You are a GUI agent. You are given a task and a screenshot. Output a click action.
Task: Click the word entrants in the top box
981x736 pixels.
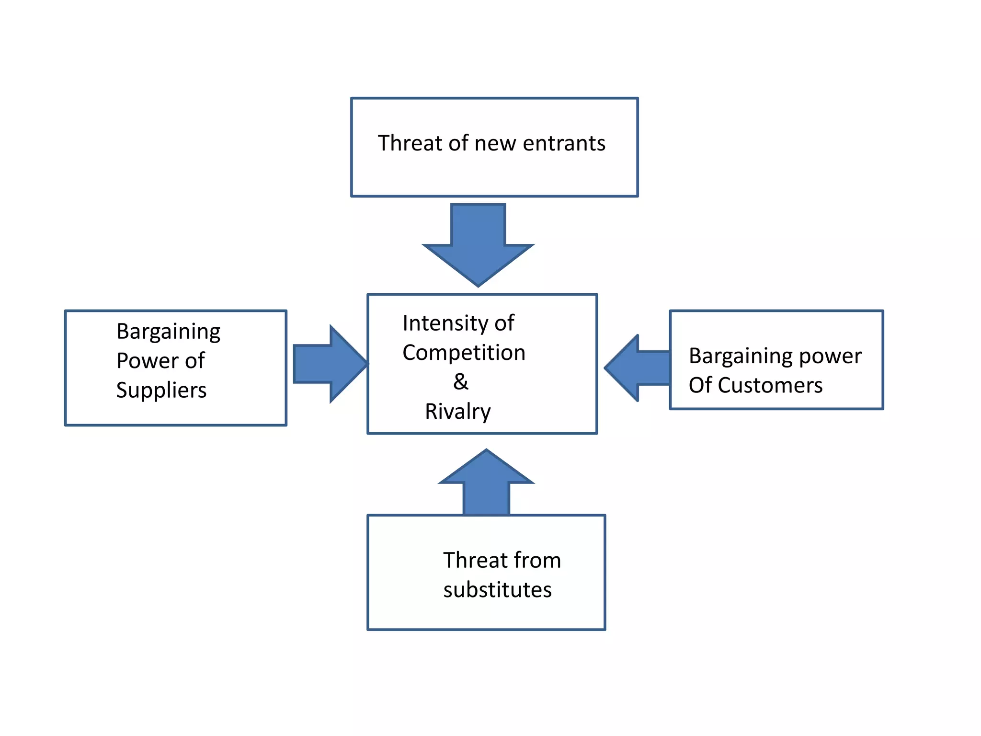pyautogui.click(x=564, y=143)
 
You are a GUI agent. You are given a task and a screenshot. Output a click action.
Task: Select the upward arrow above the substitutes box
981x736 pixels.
pyautogui.click(x=486, y=484)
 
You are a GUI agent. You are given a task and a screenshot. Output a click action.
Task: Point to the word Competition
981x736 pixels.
pyautogui.click(x=464, y=353)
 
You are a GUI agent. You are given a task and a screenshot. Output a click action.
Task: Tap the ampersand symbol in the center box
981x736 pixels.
pyautogui.click(x=460, y=382)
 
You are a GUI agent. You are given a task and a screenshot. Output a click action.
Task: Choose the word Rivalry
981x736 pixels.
pyautogui.click(x=457, y=412)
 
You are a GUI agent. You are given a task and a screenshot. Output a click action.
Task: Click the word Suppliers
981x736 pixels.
pyautogui.click(x=161, y=390)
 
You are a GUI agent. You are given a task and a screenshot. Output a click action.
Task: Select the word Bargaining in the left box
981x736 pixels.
pyautogui.click(x=168, y=332)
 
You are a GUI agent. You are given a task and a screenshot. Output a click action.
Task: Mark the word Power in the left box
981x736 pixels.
pyautogui.click(x=147, y=361)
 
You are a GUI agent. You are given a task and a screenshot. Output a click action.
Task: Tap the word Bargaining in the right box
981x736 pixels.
pyautogui.click(x=740, y=356)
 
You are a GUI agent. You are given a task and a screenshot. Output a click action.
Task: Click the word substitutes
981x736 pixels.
pyautogui.click(x=497, y=590)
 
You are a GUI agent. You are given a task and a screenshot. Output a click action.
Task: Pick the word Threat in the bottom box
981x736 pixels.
pyautogui.click(x=475, y=560)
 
